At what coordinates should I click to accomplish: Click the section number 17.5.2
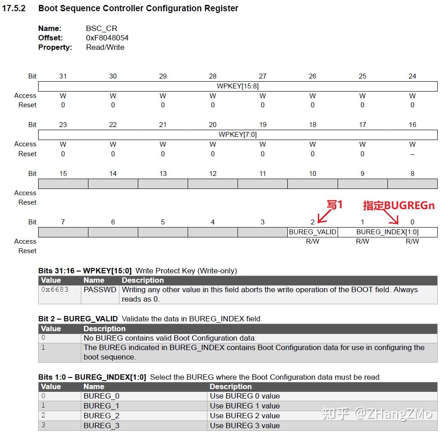click(13, 9)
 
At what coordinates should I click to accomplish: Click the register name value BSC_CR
click(101, 28)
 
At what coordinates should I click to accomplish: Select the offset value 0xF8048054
click(107, 38)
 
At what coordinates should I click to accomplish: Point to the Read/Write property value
click(105, 47)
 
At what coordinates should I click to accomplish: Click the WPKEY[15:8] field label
click(237, 86)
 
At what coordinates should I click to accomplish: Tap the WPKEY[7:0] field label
click(237, 134)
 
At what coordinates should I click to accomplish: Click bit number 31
click(63, 76)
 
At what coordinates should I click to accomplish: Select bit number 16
click(412, 125)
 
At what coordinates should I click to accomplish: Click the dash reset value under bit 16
click(412, 154)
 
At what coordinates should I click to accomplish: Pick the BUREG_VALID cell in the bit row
click(312, 232)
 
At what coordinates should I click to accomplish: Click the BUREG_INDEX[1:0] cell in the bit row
click(387, 232)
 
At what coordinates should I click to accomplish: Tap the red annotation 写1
click(334, 205)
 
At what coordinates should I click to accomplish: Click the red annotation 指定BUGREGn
click(399, 206)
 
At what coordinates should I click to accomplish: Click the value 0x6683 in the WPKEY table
click(55, 289)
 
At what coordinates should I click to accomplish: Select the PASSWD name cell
click(94, 289)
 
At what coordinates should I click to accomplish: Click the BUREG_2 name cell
click(101, 416)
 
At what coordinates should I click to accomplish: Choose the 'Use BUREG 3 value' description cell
click(245, 425)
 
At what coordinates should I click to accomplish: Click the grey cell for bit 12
click(212, 184)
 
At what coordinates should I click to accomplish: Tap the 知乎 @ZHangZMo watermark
click(377, 413)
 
